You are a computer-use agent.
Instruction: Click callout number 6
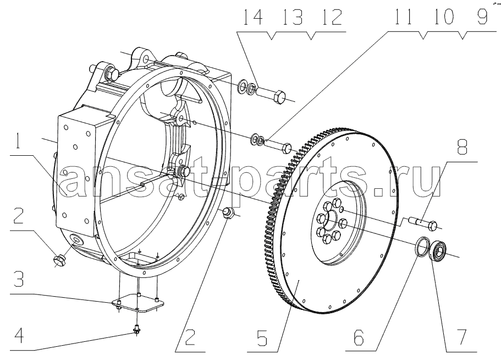359,337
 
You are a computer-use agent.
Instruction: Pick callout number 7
460,337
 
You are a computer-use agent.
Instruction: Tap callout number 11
403,17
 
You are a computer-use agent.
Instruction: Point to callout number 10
444,17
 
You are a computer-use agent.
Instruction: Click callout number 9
482,17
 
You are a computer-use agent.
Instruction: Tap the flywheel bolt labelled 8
423,223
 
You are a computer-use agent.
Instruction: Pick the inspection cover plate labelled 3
137,303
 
